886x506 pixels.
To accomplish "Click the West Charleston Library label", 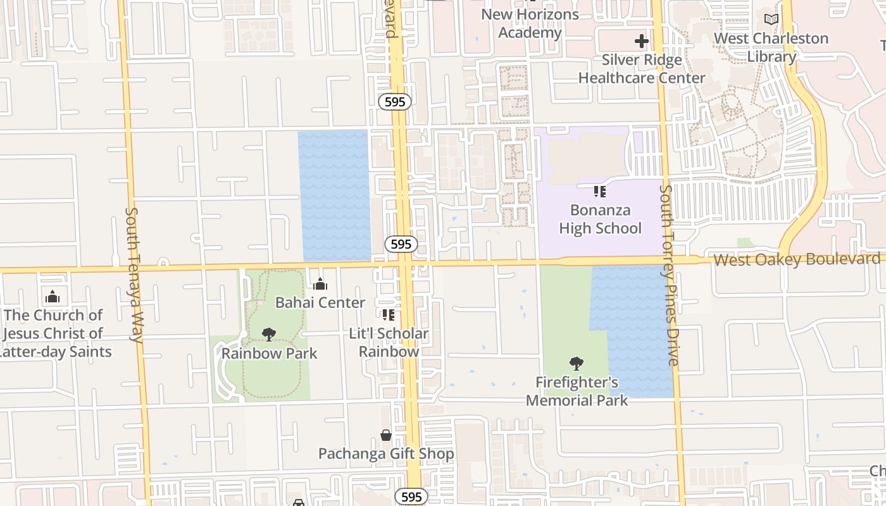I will pos(771,47).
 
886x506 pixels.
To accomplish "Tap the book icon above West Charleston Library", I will pos(771,20).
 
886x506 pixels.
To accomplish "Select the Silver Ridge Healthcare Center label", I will pos(642,69).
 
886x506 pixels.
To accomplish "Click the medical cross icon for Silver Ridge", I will pos(642,42).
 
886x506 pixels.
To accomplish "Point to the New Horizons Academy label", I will pos(530,23).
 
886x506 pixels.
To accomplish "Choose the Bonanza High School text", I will pos(600,219).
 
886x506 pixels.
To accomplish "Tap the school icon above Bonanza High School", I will pos(600,191).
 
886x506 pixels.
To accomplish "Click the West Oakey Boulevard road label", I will pos(797,259).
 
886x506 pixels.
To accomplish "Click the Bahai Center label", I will pos(320,303).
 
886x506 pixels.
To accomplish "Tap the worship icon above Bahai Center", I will pos(320,284).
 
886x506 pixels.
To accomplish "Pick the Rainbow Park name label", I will pos(269,353).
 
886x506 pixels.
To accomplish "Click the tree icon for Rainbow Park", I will pos(269,334).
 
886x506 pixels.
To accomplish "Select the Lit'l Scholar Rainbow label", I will pos(389,342).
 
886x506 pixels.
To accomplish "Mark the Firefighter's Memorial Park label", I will pos(577,391).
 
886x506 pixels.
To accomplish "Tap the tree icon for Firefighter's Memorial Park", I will pos(576,363).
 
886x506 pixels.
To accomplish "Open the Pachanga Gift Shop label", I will pos(385,454).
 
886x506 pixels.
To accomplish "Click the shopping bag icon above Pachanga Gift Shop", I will pos(385,435).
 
